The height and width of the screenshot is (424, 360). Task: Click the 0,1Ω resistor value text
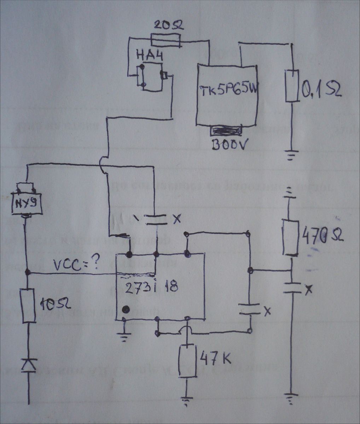pyautogui.click(x=321, y=90)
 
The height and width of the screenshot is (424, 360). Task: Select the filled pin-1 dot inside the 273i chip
pyautogui.click(x=125, y=310)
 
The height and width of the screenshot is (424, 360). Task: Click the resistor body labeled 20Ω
pyautogui.click(x=166, y=40)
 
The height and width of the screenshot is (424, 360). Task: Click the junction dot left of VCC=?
pyautogui.click(x=28, y=272)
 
